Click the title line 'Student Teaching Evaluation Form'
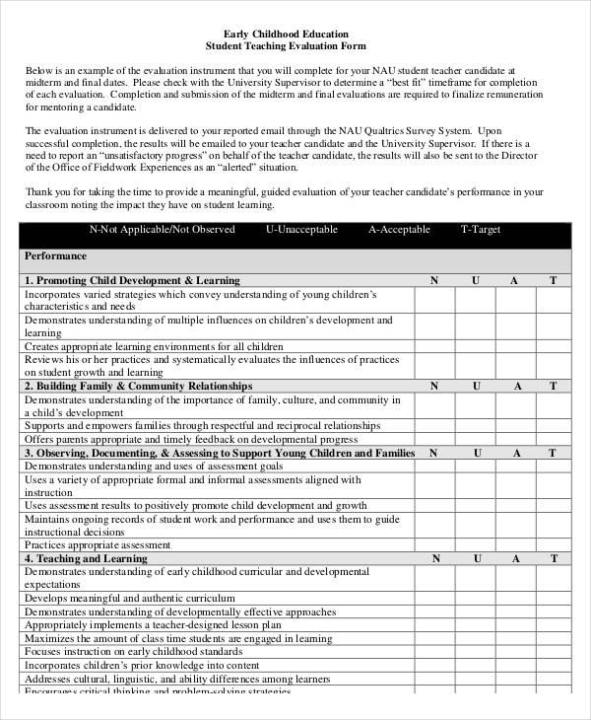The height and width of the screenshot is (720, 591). pyautogui.click(x=295, y=46)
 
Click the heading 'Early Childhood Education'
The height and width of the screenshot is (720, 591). pyautogui.click(x=295, y=34)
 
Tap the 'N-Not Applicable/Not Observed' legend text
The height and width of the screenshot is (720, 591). pyautogui.click(x=163, y=230)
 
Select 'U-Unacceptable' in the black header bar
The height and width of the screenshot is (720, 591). pyautogui.click(x=301, y=230)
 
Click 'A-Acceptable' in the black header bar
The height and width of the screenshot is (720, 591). pyautogui.click(x=399, y=230)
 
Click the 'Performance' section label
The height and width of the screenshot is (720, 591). pyautogui.click(x=55, y=255)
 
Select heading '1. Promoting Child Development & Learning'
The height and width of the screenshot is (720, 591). pyautogui.click(x=132, y=280)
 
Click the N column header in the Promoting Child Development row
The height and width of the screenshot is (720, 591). pyautogui.click(x=433, y=280)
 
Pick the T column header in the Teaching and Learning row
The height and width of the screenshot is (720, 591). pyautogui.click(x=553, y=558)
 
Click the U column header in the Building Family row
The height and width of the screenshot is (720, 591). pyautogui.click(x=475, y=386)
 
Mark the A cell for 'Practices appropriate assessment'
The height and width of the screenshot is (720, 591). pyautogui.click(x=513, y=544)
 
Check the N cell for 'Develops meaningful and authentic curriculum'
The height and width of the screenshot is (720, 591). pyautogui.click(x=433, y=598)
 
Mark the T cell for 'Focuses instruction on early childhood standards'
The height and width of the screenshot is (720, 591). pyautogui.click(x=553, y=652)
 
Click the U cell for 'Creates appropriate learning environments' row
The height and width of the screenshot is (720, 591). pyautogui.click(x=475, y=346)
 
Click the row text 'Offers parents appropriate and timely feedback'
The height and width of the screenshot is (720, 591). pyautogui.click(x=190, y=439)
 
